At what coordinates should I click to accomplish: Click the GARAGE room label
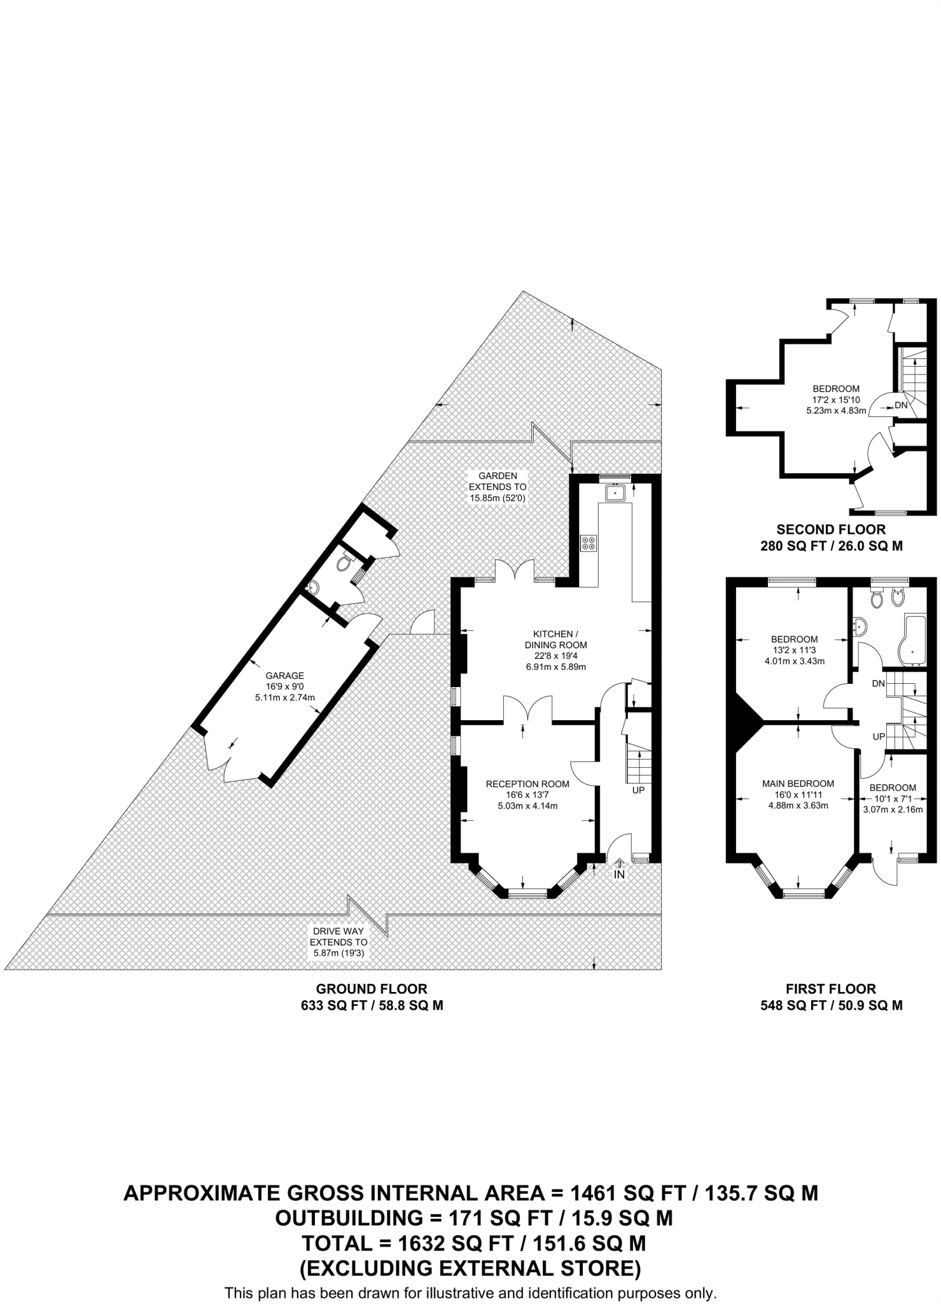click(x=284, y=676)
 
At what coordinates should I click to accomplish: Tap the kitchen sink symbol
click(x=615, y=493)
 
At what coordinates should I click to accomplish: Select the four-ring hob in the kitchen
click(x=589, y=543)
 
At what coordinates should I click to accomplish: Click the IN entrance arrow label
click(x=619, y=875)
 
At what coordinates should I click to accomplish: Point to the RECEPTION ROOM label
click(x=527, y=784)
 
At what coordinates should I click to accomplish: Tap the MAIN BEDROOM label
click(x=798, y=784)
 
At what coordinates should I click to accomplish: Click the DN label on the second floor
click(x=901, y=405)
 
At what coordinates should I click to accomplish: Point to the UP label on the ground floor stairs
click(x=638, y=790)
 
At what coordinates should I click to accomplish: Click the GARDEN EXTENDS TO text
click(x=498, y=481)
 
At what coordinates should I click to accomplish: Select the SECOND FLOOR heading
click(x=831, y=529)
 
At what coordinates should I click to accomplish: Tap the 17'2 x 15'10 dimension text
click(x=836, y=399)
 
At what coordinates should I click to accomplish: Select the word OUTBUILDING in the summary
click(x=348, y=1218)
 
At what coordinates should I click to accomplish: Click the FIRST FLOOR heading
click(x=831, y=989)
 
